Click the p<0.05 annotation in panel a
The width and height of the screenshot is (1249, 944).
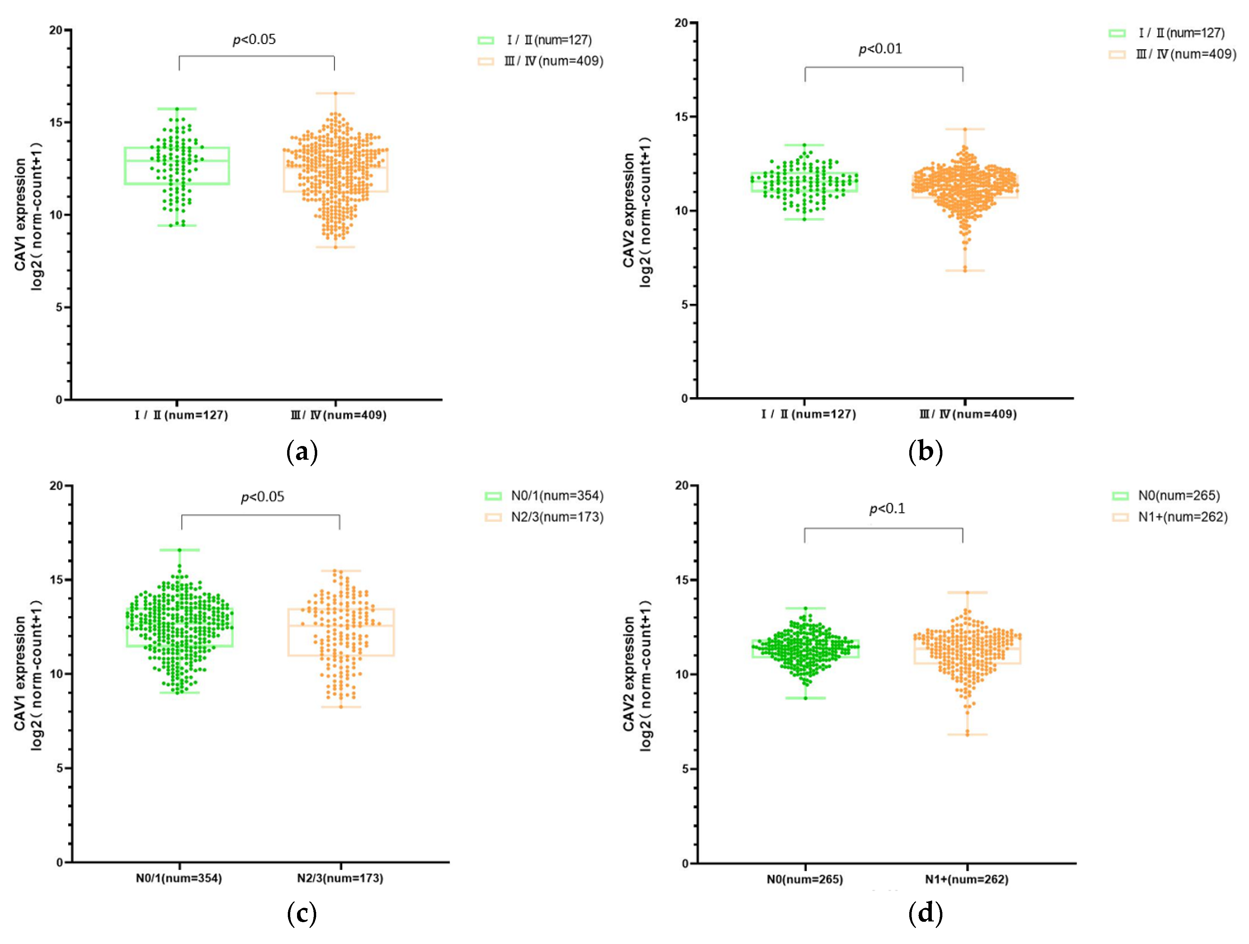coord(254,40)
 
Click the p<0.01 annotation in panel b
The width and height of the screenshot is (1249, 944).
coord(880,49)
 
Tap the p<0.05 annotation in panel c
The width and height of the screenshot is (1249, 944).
coord(263,497)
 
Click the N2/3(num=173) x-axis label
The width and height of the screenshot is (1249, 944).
coord(340,878)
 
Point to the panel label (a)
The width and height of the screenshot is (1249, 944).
coord(302,452)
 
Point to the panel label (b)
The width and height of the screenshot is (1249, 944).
coord(925,452)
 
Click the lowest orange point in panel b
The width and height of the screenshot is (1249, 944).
coord(965,270)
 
